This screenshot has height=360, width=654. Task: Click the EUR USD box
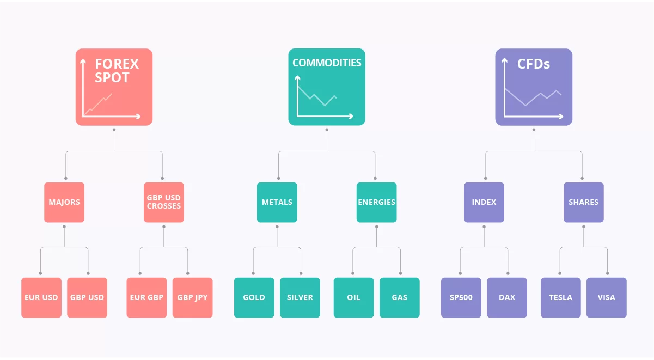pyautogui.click(x=41, y=297)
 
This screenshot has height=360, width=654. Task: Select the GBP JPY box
pyautogui.click(x=192, y=297)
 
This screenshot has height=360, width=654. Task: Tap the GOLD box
pyautogui.click(x=254, y=297)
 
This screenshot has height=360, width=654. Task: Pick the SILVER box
pyautogui.click(x=300, y=297)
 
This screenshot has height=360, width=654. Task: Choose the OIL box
pyautogui.click(x=353, y=297)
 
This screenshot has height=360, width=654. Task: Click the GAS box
pyautogui.click(x=399, y=297)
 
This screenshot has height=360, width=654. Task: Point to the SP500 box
pyautogui.click(x=461, y=297)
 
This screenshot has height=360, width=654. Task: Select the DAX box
pyautogui.click(x=507, y=297)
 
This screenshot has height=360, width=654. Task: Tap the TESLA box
pyautogui.click(x=560, y=297)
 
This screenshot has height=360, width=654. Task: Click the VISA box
pyautogui.click(x=607, y=297)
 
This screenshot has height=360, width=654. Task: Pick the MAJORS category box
pyautogui.click(x=64, y=202)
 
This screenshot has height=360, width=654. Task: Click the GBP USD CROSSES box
pyautogui.click(x=164, y=202)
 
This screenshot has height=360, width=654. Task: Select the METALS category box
pyautogui.click(x=277, y=202)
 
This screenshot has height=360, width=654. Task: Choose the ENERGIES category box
pyautogui.click(x=377, y=202)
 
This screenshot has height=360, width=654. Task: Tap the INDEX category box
pyautogui.click(x=484, y=202)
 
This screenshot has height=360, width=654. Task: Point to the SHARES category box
pyautogui.click(x=584, y=202)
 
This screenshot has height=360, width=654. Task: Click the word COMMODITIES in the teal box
pyautogui.click(x=327, y=63)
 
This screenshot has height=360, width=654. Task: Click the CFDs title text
pyautogui.click(x=534, y=64)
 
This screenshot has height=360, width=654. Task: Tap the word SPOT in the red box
pyautogui.click(x=112, y=78)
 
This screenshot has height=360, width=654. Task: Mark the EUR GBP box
pyautogui.click(x=146, y=297)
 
